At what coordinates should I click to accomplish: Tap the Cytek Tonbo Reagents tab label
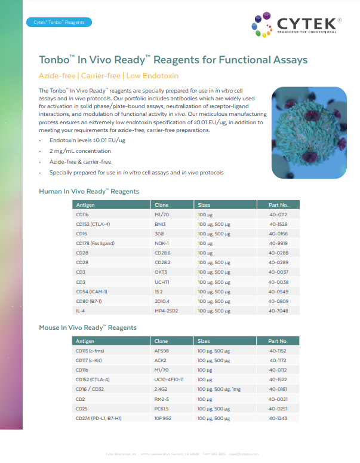[59, 23]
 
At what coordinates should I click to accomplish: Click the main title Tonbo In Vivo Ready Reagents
[173, 60]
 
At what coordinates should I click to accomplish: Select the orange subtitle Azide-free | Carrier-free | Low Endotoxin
[109, 76]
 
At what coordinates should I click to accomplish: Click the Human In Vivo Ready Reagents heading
[89, 191]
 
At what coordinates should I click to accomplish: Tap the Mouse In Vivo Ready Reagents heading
[88, 327]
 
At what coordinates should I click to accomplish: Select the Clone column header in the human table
[162, 205]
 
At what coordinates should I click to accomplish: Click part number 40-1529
[278, 223]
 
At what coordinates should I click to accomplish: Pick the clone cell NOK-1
[162, 243]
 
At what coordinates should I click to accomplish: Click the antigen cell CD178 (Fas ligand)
[95, 243]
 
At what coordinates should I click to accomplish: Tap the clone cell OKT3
[162, 272]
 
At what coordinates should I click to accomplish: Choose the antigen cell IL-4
[82, 311]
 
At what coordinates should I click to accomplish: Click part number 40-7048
[278, 311]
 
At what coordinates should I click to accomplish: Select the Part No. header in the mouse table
[278, 341]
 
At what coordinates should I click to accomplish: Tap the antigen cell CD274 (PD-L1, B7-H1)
[99, 418]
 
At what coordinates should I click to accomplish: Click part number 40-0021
[278, 398]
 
